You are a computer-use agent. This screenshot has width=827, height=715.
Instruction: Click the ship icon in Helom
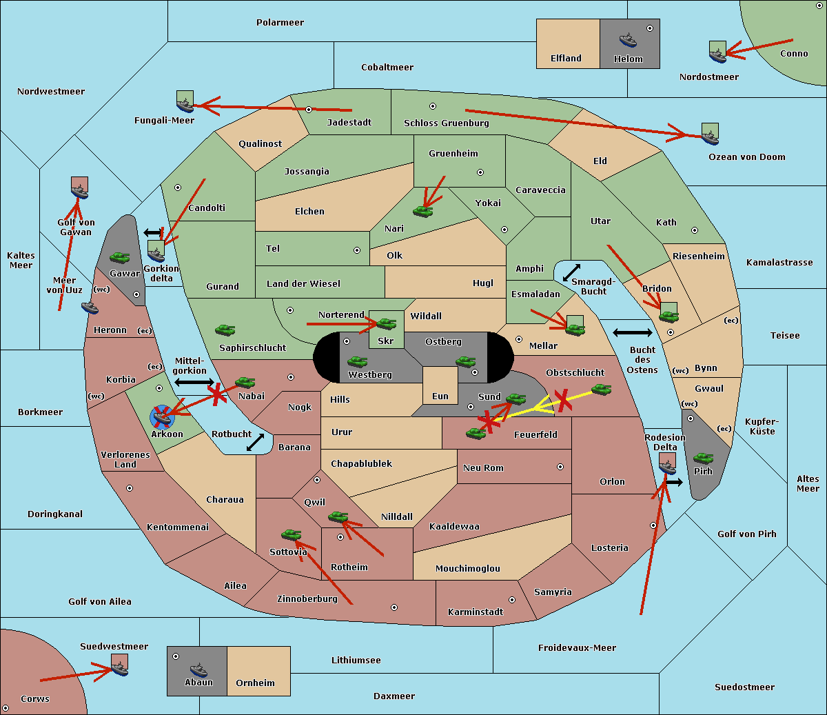point(628,40)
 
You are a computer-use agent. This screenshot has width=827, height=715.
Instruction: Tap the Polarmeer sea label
point(280,23)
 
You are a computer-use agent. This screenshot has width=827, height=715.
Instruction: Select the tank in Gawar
point(120,257)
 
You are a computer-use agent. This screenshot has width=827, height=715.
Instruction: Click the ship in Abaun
point(198,669)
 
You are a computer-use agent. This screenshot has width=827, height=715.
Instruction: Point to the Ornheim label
point(255,683)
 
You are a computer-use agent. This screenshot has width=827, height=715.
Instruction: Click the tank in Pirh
point(703,458)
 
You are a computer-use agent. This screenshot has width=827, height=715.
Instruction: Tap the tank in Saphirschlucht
point(225,330)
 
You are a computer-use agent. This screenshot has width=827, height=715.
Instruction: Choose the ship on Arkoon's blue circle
point(162,416)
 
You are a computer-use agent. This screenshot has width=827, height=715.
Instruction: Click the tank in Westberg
point(357,361)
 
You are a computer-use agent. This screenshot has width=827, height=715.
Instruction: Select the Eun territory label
point(440,396)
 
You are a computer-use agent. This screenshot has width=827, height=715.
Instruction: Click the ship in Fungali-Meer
point(185,105)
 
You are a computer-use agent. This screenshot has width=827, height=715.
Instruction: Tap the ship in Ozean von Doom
point(710,137)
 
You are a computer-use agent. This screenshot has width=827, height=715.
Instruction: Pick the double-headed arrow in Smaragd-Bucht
point(571,272)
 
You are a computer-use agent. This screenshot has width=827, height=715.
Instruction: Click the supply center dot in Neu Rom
point(560,467)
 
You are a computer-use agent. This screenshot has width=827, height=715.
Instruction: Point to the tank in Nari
point(423,211)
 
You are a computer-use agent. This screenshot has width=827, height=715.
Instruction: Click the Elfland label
point(566,59)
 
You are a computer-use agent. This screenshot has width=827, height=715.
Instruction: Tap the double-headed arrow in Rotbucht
point(255,443)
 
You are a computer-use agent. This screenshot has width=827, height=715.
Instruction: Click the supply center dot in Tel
point(357,250)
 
